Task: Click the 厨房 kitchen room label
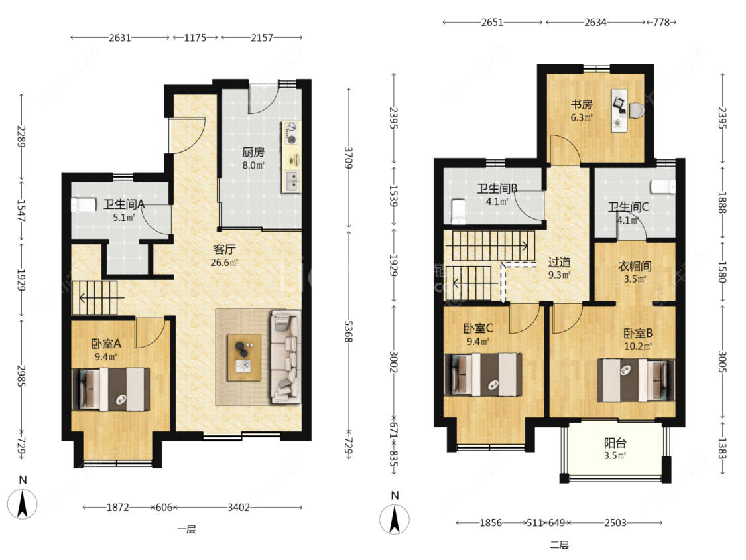(253, 153)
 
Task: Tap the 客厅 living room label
(225, 249)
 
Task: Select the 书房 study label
(582, 104)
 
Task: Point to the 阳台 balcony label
(615, 443)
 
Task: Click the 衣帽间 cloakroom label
(635, 266)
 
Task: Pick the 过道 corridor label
(559, 262)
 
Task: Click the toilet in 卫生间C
(663, 187)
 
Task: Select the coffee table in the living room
(244, 358)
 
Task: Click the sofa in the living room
(286, 357)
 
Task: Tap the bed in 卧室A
(111, 389)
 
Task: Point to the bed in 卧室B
(636, 380)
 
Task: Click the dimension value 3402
(238, 507)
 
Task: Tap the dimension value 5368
(349, 332)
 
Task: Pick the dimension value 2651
(492, 23)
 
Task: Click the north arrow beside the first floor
(23, 504)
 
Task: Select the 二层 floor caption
(560, 545)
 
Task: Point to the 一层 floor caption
(186, 529)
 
